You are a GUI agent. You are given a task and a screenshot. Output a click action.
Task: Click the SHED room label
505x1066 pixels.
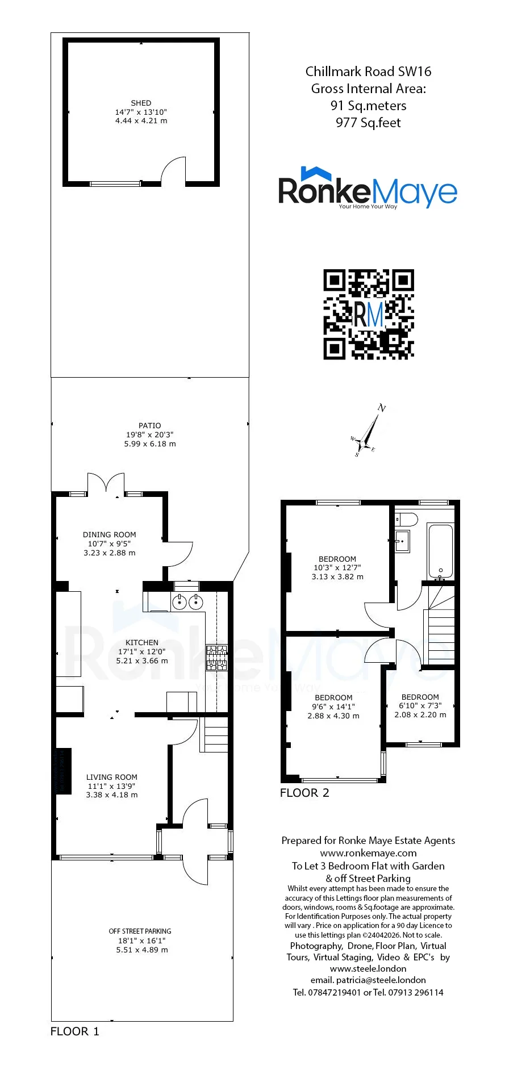pos(141,103)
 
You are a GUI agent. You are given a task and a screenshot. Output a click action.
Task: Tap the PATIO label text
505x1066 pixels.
pos(150,425)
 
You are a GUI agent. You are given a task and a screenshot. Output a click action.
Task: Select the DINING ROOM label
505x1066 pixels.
pos(110,534)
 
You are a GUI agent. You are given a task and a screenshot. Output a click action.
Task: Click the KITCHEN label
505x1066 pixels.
pos(142,642)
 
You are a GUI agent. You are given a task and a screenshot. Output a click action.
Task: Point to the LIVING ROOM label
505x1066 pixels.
pos(112,777)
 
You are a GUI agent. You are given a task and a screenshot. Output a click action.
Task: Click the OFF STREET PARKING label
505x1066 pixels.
pos(140,931)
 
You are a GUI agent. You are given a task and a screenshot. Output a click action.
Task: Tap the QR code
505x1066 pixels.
pos(369,314)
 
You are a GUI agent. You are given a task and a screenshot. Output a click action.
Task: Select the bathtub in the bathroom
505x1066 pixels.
pos(440,550)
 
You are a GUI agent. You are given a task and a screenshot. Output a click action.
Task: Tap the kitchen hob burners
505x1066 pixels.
pos(216,658)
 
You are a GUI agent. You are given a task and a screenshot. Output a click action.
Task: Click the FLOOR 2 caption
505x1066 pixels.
pos(304,793)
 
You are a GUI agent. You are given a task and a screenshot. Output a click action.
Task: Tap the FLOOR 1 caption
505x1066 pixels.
pos(75,1031)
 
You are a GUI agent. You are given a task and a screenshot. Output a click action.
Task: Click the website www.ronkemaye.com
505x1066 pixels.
pos(368,853)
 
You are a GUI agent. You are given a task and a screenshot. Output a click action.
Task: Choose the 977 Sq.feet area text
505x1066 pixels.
pos(368,123)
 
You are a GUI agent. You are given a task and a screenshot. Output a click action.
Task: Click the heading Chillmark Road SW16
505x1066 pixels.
pos(368,72)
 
